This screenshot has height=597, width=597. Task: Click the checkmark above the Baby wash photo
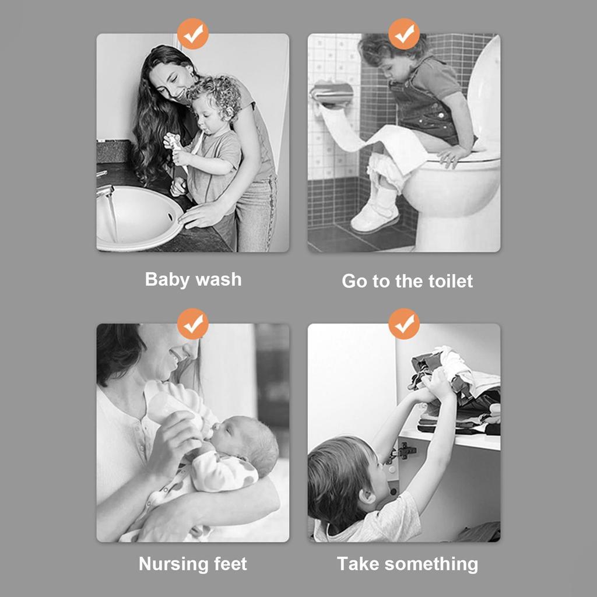pyautogui.click(x=193, y=33)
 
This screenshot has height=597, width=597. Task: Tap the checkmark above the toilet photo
pyautogui.click(x=404, y=33)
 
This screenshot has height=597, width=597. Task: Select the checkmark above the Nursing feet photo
pyautogui.click(x=193, y=324)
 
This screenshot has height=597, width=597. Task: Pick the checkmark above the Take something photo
pyautogui.click(x=404, y=324)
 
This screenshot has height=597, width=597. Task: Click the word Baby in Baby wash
pyautogui.click(x=166, y=279)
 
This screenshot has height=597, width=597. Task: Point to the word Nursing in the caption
pyautogui.click(x=173, y=564)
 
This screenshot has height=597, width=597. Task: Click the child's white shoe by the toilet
pyautogui.click(x=374, y=217)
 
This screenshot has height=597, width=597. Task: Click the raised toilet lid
pyautogui.click(x=484, y=93)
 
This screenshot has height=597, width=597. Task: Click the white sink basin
pyautogui.click(x=137, y=219)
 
